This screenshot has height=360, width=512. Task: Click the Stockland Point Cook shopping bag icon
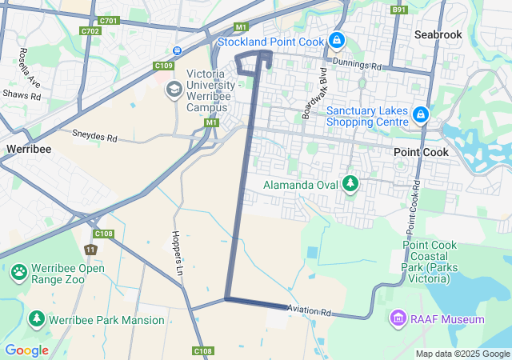coord(338,39)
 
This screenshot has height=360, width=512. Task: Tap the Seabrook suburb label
coord(439,34)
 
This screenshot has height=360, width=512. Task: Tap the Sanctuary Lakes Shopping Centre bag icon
coord(421,117)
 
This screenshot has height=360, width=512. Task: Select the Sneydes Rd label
coord(94,137)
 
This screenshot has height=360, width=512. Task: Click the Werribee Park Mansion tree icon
coord(36,319)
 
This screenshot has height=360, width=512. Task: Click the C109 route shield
coord(164,66)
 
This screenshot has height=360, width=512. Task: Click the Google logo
coord(26,350)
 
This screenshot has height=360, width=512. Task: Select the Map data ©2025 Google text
coord(462,354)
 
